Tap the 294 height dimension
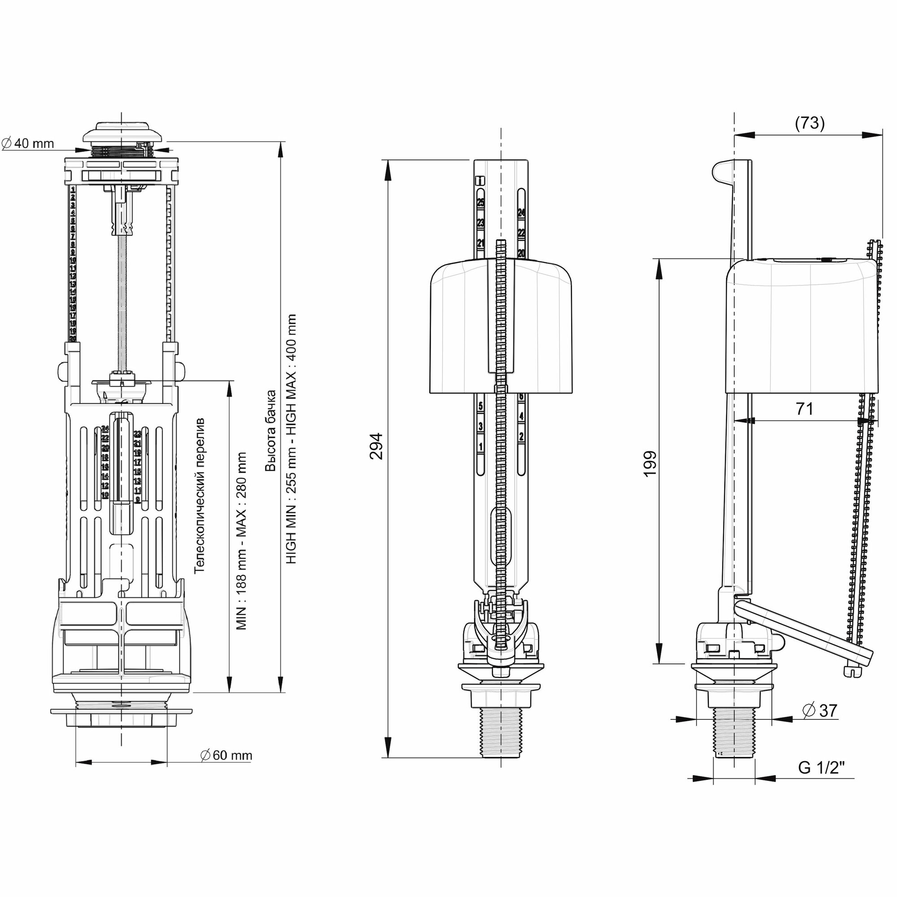(x=376, y=446)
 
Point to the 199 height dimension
(x=650, y=463)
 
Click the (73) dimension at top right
(x=810, y=123)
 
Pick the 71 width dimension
(x=805, y=409)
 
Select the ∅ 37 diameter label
(x=820, y=710)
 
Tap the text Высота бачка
(x=271, y=431)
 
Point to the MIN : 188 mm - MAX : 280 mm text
(x=241, y=541)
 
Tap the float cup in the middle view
(x=455, y=330)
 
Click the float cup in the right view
(x=803, y=325)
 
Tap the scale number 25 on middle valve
(x=480, y=202)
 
